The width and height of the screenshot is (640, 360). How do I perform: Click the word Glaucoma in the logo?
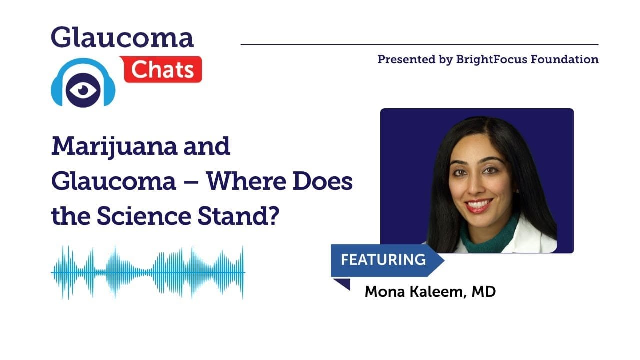click(122, 37)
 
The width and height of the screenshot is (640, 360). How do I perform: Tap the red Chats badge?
click(163, 69)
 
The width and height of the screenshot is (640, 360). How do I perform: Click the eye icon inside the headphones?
click(83, 90)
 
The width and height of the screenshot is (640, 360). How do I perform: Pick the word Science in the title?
click(144, 216)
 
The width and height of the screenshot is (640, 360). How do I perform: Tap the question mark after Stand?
click(273, 216)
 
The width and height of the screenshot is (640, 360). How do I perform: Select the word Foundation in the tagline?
click(565, 59)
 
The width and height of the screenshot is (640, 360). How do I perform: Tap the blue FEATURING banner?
click(387, 260)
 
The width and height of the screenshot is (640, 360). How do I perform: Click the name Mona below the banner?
click(385, 291)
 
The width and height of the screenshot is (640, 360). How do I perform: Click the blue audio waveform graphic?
click(148, 273)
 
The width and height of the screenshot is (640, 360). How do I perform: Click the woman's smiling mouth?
click(479, 205)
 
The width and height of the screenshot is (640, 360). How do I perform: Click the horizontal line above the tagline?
click(419, 45)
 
